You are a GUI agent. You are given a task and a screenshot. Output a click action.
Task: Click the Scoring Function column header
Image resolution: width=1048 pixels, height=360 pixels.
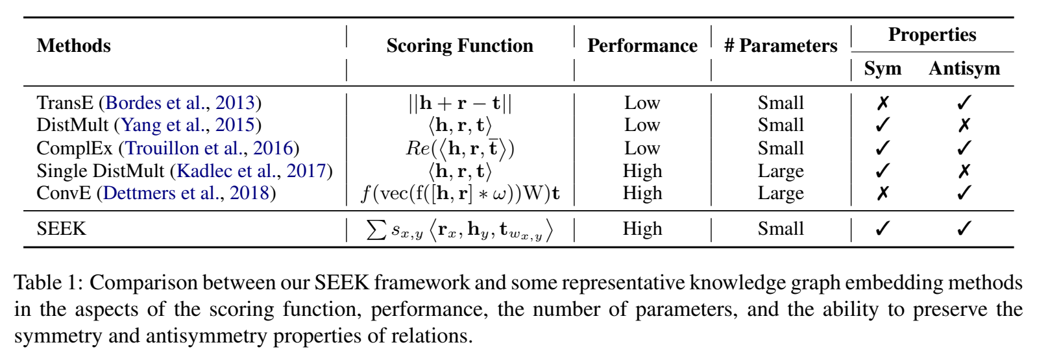tap(459, 46)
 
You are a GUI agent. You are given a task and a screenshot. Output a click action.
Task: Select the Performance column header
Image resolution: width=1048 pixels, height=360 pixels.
tap(642, 46)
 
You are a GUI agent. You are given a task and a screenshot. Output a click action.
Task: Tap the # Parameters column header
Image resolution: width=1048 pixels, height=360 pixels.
tap(781, 46)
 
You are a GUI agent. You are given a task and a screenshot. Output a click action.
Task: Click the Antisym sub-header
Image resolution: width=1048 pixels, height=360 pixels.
tap(964, 69)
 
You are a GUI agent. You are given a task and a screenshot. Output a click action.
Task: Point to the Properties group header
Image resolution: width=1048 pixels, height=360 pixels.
tap(932, 35)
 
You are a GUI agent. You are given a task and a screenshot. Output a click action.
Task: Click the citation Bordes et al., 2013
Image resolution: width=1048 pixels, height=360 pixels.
tap(180, 103)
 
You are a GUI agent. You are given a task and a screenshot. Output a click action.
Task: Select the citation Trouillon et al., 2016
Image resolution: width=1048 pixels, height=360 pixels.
tap(209, 149)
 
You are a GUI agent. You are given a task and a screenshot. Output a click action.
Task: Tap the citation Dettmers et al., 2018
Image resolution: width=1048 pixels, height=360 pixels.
tap(186, 193)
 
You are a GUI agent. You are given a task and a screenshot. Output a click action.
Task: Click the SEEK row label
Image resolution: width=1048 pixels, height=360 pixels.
tap(61, 229)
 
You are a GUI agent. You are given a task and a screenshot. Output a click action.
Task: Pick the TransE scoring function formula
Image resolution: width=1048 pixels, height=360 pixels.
tap(459, 103)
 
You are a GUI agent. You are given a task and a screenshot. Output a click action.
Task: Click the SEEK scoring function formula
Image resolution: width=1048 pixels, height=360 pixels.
tap(459, 230)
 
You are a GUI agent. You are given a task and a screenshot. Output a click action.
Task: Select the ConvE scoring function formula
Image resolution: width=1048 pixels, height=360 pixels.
tap(459, 193)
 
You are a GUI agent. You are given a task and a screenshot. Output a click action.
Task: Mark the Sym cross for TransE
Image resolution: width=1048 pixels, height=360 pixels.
tap(883, 103)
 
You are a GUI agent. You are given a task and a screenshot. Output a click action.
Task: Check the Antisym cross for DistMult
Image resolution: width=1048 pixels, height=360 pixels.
tap(964, 125)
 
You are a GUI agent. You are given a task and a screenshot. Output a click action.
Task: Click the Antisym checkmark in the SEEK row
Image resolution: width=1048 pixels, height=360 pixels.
tap(964, 229)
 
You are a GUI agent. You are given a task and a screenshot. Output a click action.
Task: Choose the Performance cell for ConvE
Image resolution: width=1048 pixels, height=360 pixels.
tap(642, 193)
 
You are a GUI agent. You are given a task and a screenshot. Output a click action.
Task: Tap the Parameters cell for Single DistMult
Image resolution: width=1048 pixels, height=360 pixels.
tap(781, 171)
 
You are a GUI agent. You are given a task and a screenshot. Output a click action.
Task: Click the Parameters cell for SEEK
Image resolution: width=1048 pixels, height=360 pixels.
tap(781, 229)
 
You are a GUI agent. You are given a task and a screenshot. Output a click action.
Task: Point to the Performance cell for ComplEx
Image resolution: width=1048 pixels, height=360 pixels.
tap(642, 149)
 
